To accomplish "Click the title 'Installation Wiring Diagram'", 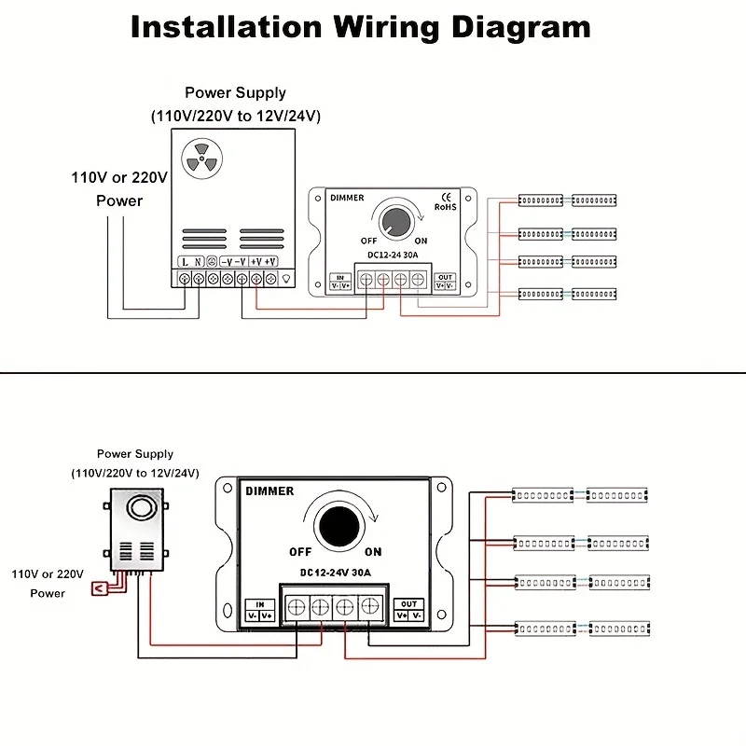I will coord(360,26).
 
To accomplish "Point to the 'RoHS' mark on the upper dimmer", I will coord(445,207).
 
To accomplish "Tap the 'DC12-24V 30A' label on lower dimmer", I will coord(333,572).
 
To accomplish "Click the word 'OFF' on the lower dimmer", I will coord(300,552).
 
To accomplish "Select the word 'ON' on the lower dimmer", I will coord(373,552).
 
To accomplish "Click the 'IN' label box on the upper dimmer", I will coord(340,282).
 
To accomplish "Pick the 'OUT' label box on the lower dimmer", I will coord(408,610).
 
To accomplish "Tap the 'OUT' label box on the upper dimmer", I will coord(445,282).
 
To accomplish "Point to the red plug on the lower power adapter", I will coord(98,587).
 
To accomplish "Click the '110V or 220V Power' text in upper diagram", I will coord(119,188).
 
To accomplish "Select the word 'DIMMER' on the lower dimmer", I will coord(269,491).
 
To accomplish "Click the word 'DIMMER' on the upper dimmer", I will coord(347,198).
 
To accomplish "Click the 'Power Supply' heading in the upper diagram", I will coord(235,92).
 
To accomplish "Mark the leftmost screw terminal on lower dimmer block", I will coord(296,607).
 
